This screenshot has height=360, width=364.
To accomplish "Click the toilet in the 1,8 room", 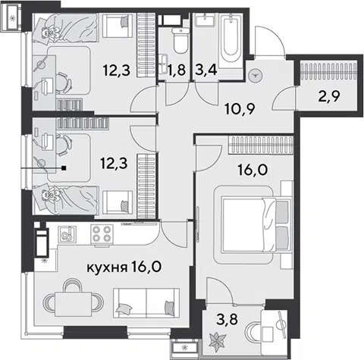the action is click(x=180, y=40).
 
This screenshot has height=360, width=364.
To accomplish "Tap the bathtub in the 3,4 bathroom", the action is click(x=231, y=41).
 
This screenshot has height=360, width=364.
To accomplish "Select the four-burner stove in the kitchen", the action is click(x=102, y=234).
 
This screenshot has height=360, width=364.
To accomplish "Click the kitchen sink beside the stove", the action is click(x=67, y=234).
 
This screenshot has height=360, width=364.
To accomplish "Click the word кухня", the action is click(x=107, y=268).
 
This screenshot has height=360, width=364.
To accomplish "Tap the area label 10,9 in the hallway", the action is click(x=240, y=109).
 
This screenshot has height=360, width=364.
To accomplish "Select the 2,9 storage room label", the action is click(x=328, y=95).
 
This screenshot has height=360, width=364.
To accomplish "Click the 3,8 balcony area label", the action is click(x=227, y=319).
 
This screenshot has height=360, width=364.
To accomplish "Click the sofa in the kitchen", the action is click(x=146, y=303).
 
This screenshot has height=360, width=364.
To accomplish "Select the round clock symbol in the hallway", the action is click(x=256, y=75).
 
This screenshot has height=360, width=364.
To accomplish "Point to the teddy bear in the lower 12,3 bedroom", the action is click(x=50, y=196).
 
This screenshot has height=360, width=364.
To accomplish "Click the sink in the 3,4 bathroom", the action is click(x=205, y=19).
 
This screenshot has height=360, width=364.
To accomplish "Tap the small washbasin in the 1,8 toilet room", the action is click(x=164, y=63).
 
